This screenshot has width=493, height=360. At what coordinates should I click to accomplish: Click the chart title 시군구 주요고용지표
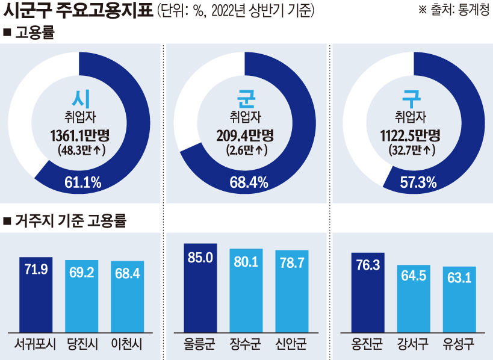point(78,11)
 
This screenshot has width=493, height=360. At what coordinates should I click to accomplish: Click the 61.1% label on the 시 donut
point(82,182)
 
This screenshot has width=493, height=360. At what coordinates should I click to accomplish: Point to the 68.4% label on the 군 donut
point(249,182)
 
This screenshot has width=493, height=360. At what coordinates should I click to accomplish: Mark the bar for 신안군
point(292,291)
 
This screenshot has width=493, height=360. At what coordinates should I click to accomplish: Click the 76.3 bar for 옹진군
point(367,293)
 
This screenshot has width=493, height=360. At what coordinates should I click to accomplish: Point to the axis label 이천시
point(127,346)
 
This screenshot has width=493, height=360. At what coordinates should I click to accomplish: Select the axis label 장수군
point(246,346)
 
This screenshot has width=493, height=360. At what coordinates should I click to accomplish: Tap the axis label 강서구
point(413,346)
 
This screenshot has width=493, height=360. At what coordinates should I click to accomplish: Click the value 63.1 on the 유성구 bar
point(459,278)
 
